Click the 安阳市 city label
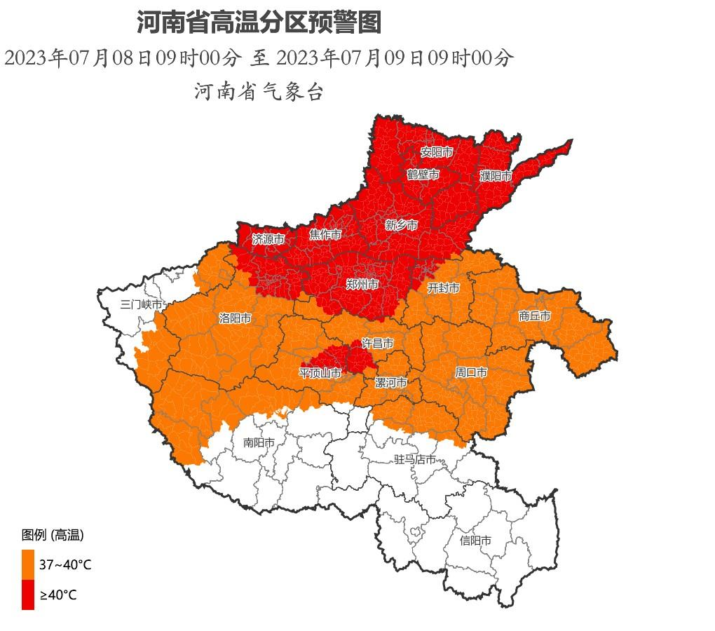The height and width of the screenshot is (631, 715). [x=436, y=152]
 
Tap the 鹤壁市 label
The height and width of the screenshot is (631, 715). [x=423, y=174]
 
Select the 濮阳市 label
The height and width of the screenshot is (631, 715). [x=496, y=176]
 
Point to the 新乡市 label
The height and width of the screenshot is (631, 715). [x=401, y=225]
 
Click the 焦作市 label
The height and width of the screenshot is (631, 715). [x=325, y=235]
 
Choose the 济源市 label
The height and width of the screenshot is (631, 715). [x=268, y=239]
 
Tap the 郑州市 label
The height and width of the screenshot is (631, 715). [x=362, y=284]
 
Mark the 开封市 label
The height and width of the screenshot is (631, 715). [x=444, y=288]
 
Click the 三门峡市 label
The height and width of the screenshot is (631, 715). [x=141, y=304]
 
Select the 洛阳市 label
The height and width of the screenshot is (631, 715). [x=235, y=318]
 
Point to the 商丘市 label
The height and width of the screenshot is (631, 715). [x=534, y=316]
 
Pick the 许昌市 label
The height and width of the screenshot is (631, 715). [x=377, y=343]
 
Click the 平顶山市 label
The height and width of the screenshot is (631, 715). [x=320, y=373]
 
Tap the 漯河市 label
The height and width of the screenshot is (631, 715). [x=390, y=383]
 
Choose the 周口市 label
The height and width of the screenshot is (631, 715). [x=470, y=372]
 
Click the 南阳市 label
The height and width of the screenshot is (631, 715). [x=259, y=442]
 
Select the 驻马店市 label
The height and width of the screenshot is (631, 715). [x=415, y=459]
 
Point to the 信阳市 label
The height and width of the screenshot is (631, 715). [x=475, y=541]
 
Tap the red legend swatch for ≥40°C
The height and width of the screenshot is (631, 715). [x=28, y=595]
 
